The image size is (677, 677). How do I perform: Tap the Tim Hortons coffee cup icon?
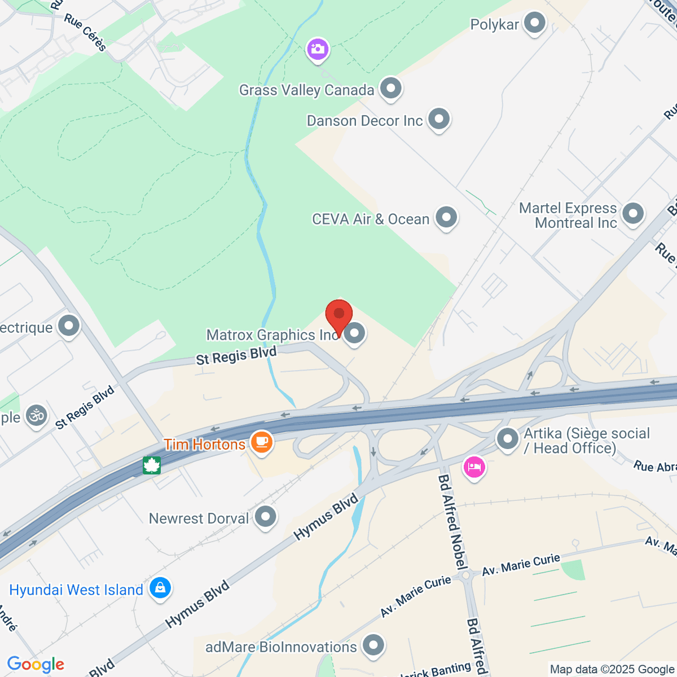[261, 441]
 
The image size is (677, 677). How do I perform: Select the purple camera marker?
[318, 49]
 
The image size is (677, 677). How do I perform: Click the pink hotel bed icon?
[474, 467]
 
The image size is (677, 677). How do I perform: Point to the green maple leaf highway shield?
[152, 465]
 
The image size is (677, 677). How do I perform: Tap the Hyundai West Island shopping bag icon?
[160, 588]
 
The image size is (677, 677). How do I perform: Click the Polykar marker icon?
[534, 24]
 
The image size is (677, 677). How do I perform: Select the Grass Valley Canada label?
[306, 90]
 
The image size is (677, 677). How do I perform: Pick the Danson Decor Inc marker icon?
[438, 119]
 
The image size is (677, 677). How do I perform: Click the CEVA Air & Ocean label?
[371, 219]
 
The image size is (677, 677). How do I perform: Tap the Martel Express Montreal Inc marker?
[632, 214]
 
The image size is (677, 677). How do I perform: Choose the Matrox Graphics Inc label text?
[272, 335]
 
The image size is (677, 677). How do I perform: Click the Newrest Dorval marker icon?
[265, 516]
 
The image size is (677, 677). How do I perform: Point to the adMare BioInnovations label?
[281, 647]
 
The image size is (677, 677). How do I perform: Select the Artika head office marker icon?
[507, 438]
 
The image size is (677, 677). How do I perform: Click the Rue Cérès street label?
[85, 32]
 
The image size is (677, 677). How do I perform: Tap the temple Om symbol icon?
[37, 416]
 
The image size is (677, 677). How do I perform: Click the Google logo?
[36, 664]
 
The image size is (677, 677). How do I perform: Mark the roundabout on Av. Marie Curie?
[466, 576]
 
